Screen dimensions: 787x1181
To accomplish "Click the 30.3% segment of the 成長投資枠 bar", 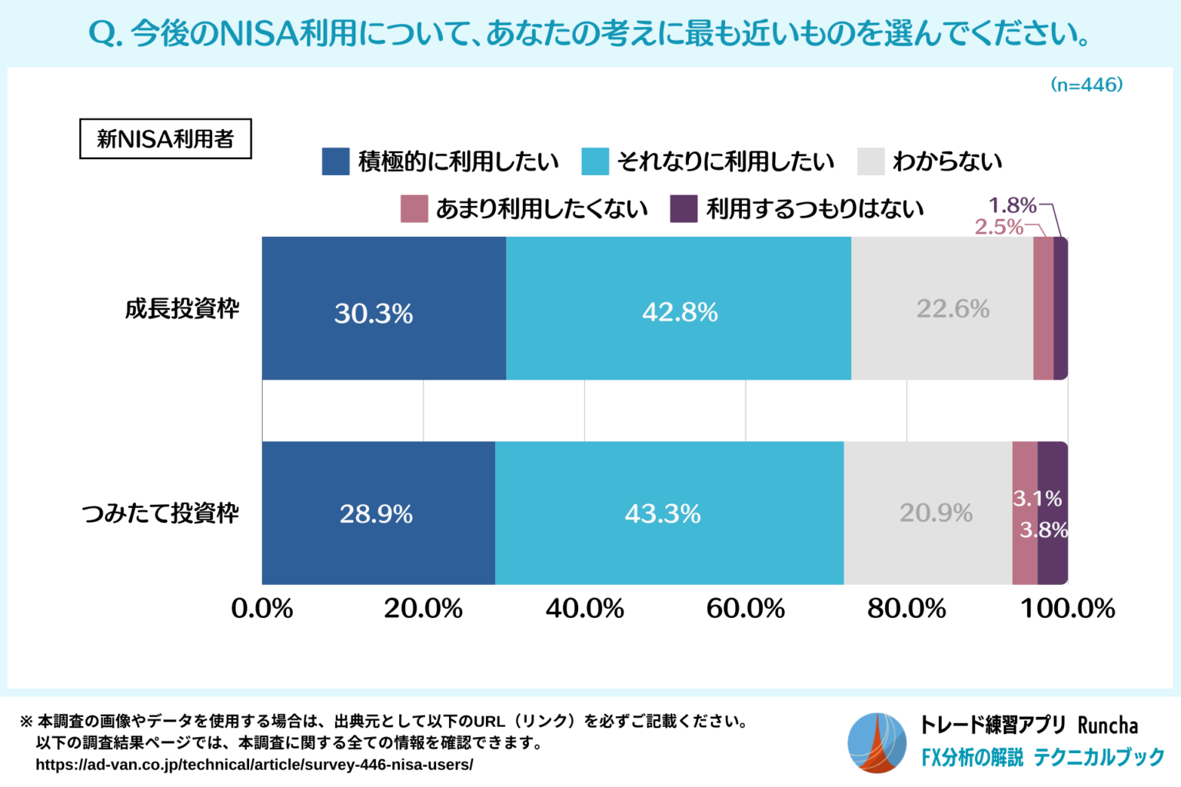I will (x=383, y=308).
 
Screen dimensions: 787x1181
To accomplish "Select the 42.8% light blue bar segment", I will (x=678, y=308).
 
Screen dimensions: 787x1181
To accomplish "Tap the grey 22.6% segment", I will (x=942, y=308).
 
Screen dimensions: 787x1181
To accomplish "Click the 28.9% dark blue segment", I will (x=378, y=513).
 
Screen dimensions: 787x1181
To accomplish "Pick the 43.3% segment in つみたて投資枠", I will (x=669, y=513).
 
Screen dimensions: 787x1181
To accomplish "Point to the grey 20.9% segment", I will (x=928, y=513).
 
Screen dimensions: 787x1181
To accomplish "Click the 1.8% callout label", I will (x=1012, y=205).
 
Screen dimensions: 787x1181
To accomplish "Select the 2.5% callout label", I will (x=999, y=227).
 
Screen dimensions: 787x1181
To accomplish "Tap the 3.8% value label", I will (x=1043, y=530).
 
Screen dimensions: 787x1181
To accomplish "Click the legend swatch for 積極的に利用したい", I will (x=335, y=161).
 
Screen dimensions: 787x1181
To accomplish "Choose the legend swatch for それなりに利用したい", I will (x=595, y=161).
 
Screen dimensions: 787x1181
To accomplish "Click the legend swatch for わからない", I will (x=870, y=161).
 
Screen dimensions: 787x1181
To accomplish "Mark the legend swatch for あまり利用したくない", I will (x=414, y=208).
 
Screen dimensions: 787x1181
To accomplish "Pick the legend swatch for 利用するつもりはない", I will (x=684, y=208).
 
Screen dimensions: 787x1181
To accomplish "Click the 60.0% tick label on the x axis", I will (x=745, y=609).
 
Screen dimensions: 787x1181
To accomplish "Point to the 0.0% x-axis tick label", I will (x=262, y=609).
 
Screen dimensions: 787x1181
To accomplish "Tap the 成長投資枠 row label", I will (x=182, y=309).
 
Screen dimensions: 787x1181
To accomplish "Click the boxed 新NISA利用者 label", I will (x=165, y=139).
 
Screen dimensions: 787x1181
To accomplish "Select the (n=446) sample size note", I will (x=1086, y=85).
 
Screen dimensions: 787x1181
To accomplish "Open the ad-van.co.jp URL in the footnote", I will (x=254, y=765).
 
